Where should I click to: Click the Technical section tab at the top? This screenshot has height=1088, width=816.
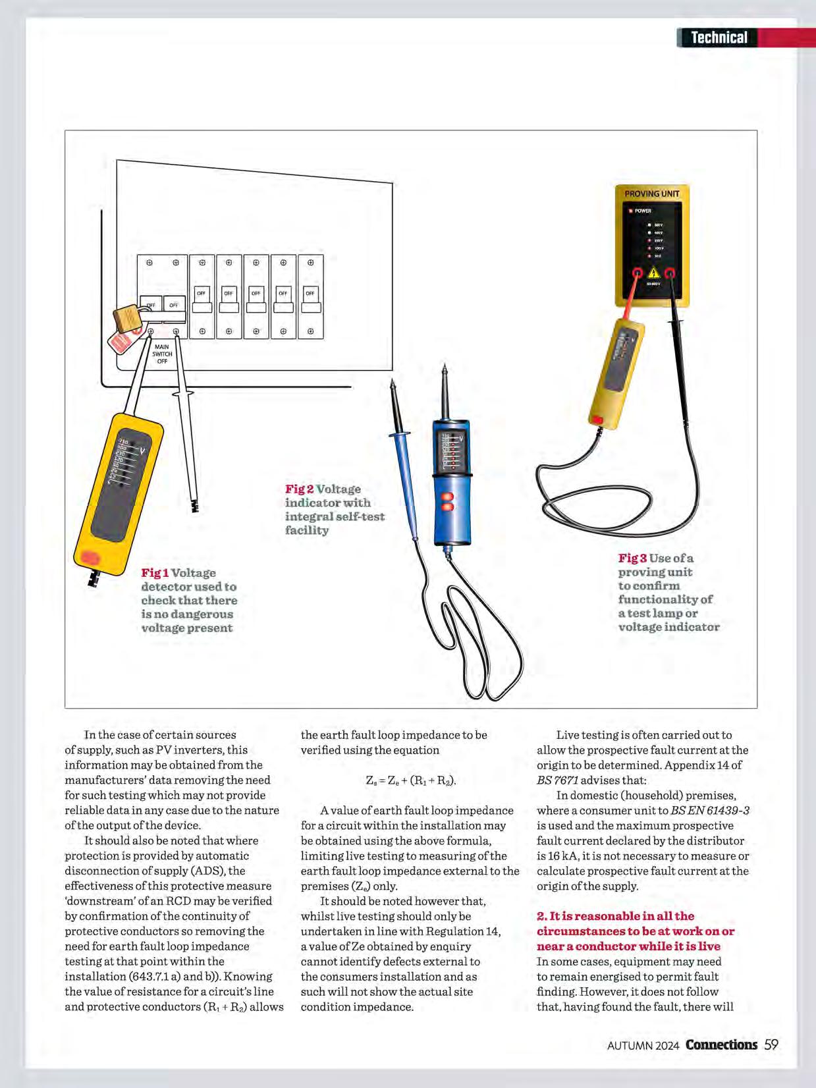(x=719, y=38)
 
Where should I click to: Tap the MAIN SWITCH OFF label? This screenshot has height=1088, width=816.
(x=162, y=354)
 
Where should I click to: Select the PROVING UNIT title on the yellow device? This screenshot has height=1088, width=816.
(x=651, y=194)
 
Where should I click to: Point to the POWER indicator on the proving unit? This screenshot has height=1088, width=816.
(x=640, y=211)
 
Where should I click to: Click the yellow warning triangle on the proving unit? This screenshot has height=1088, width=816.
(x=653, y=272)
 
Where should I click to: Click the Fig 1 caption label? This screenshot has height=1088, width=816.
(x=155, y=573)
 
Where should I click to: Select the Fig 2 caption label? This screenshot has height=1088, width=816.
(x=299, y=489)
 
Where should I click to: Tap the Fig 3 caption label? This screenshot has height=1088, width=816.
(x=632, y=558)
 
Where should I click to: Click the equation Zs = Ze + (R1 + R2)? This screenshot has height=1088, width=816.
(x=411, y=780)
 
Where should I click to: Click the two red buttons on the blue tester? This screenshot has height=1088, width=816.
(x=448, y=502)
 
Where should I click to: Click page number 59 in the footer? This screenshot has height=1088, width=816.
(x=771, y=1045)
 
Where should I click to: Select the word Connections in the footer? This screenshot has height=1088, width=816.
(x=721, y=1045)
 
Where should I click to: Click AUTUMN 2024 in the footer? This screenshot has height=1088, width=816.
(x=643, y=1045)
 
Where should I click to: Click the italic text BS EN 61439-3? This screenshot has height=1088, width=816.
(x=710, y=811)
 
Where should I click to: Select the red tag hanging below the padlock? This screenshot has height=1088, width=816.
(x=120, y=341)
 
